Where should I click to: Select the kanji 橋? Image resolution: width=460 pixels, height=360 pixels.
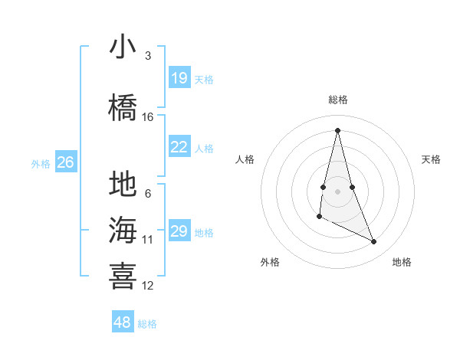(x=123, y=107)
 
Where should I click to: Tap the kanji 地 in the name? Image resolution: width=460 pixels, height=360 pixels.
(x=123, y=185)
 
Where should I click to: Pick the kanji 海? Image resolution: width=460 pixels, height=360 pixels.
(x=123, y=230)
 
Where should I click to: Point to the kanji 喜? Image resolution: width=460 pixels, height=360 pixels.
(x=123, y=276)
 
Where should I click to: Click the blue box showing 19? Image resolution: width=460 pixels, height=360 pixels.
(x=179, y=78)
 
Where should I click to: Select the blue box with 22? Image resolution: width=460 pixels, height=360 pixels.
(x=179, y=148)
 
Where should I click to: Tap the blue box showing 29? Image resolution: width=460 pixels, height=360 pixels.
(x=179, y=232)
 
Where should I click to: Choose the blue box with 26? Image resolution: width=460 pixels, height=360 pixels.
(x=66, y=162)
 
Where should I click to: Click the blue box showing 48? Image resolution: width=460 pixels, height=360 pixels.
(x=123, y=322)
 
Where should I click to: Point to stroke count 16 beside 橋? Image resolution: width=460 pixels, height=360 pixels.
(x=148, y=116)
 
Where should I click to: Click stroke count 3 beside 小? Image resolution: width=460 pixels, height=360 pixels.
(x=148, y=55)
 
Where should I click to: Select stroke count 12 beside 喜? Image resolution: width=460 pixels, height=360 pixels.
(x=148, y=285)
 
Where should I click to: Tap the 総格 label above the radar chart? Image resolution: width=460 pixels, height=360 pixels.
(x=338, y=100)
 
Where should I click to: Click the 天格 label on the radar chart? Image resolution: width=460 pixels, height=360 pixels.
(x=432, y=159)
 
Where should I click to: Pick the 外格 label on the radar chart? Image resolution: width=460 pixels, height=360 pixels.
(x=270, y=262)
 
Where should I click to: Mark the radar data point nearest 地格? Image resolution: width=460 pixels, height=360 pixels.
(x=374, y=242)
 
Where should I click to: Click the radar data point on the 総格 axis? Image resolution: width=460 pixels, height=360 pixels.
(x=337, y=130)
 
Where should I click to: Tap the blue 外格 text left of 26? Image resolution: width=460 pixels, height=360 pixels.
(x=41, y=163)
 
